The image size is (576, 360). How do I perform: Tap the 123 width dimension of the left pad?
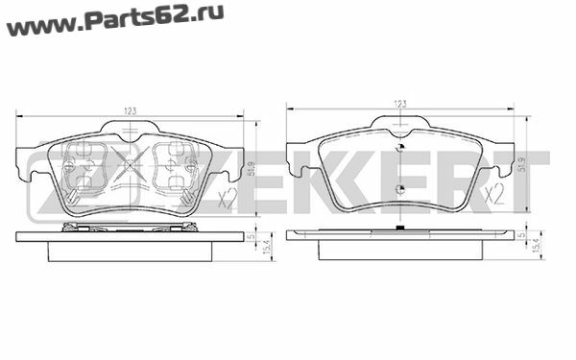tap(130, 111)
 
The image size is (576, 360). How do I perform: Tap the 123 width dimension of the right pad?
tap(400, 104)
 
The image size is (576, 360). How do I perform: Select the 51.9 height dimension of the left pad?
tap(252, 169)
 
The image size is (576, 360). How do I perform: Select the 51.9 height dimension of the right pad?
tap(523, 164)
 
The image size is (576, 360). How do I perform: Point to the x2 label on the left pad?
tap(227, 199)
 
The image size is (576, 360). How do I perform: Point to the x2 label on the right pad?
tap(493, 195)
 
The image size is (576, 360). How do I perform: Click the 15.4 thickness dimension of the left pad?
tap(267, 247)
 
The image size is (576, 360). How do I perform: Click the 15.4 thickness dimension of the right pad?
tap(537, 245)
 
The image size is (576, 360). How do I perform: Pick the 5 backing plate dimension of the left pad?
tap(252, 236)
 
